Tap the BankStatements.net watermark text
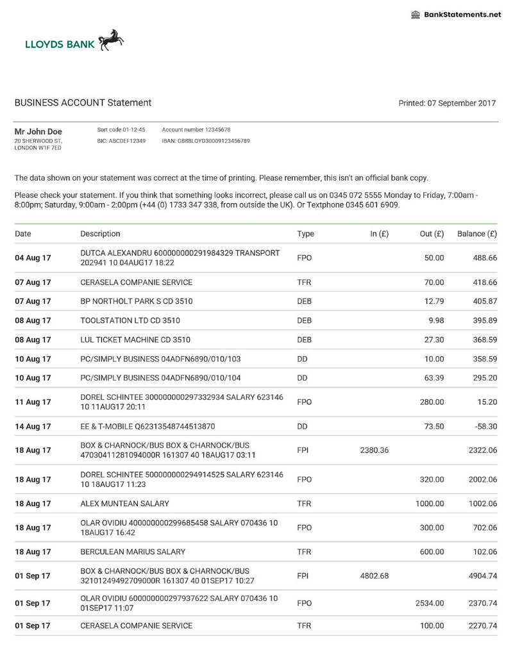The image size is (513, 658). pyautogui.click(x=462, y=15)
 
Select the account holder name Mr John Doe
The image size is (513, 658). pyautogui.click(x=38, y=131)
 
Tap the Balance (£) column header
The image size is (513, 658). pyautogui.click(x=477, y=234)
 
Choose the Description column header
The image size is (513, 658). pyautogui.click(x=100, y=234)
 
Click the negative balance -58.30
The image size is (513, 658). pyautogui.click(x=484, y=426)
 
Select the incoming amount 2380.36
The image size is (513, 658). pyautogui.click(x=375, y=450)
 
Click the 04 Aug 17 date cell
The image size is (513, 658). pyautogui.click(x=33, y=258)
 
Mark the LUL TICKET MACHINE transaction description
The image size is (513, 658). pyautogui.click(x=135, y=340)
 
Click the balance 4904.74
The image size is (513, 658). pyautogui.click(x=483, y=575)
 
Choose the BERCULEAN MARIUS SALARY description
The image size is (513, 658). pyautogui.click(x=133, y=552)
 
